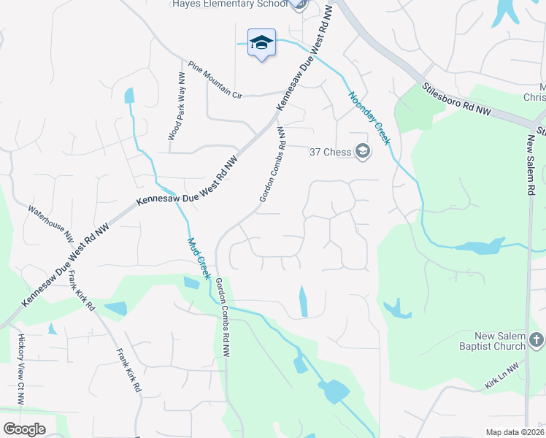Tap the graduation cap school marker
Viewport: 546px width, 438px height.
tap(261, 43)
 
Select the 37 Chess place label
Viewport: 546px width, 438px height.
tap(330, 152)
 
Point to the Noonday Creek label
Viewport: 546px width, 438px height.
tap(370, 118)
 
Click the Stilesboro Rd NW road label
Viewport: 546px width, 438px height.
tap(458, 101)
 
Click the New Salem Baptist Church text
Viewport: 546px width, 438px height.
tap(490, 341)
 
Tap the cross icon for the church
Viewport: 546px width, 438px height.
tap(536, 339)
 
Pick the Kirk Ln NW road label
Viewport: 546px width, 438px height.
tap(504, 374)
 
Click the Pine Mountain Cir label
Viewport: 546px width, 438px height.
tap(215, 80)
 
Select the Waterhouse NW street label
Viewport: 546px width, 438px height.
tap(51, 223)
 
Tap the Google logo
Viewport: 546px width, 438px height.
tap(24, 429)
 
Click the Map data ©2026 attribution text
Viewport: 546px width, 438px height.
tap(515, 432)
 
